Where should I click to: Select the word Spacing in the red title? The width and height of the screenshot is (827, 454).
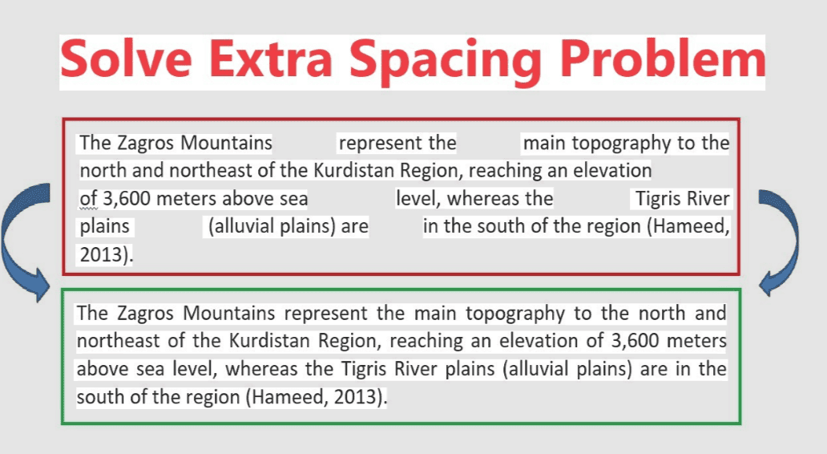click(x=446, y=61)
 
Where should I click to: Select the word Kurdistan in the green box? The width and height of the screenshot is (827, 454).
click(x=268, y=341)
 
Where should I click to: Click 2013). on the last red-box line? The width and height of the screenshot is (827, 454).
click(x=106, y=254)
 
